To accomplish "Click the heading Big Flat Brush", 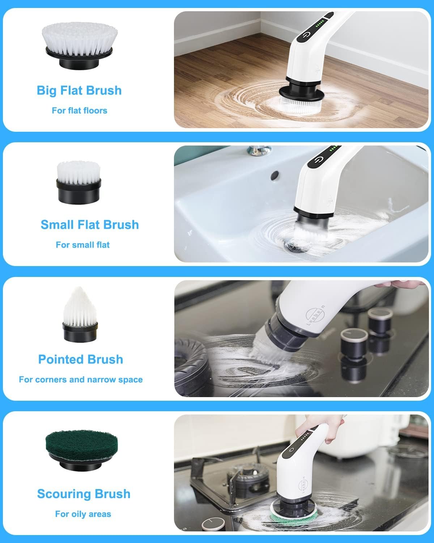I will (x=79, y=90).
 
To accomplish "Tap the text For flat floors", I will (x=80, y=110).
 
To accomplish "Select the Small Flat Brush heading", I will (x=90, y=224).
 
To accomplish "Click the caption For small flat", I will (x=82, y=245).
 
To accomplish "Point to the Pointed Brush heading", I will (x=81, y=359).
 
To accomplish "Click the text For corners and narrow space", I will (x=81, y=379).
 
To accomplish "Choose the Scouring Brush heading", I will (x=84, y=493).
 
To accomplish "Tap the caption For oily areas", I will (x=83, y=514).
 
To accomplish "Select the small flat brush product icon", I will (x=78, y=182).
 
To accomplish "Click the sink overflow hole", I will (x=275, y=175).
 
